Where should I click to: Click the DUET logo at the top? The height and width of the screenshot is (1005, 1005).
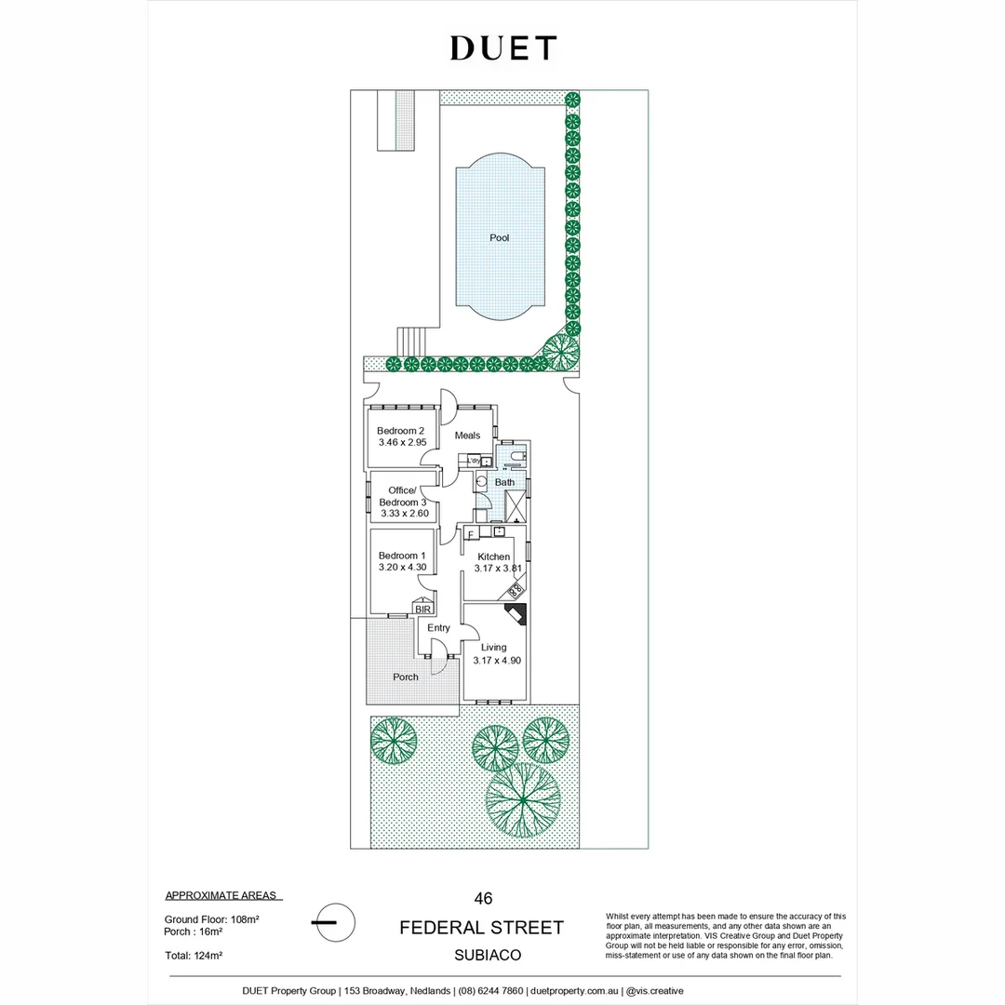coord(503,48)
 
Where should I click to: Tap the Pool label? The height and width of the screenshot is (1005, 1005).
coord(500,238)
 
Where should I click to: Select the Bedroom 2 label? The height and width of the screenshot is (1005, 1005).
coord(401,431)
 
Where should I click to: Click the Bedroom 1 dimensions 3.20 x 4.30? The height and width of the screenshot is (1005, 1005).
coord(402,567)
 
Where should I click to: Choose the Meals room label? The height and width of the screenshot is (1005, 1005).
coord(467,435)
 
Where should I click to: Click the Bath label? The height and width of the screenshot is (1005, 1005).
coord(504,482)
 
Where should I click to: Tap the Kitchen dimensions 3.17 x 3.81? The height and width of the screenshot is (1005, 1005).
coord(493,568)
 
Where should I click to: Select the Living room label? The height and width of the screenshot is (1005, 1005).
coord(493,647)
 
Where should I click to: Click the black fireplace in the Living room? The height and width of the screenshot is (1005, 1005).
coord(516,616)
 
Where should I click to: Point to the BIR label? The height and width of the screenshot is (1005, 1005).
coord(423,609)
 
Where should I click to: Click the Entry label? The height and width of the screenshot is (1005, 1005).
coord(438,629)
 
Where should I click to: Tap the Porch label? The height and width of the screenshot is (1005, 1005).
coord(406,677)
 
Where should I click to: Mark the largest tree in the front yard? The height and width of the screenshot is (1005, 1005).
coord(523,799)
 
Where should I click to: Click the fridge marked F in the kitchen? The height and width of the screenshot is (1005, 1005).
coord(471,533)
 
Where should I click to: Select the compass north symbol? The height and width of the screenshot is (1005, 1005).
coord(333,922)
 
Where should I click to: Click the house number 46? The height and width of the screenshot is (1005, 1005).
coord(483,899)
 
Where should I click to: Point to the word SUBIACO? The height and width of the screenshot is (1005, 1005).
coord(482,955)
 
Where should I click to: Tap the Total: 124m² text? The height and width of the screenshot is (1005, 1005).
coord(194,955)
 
